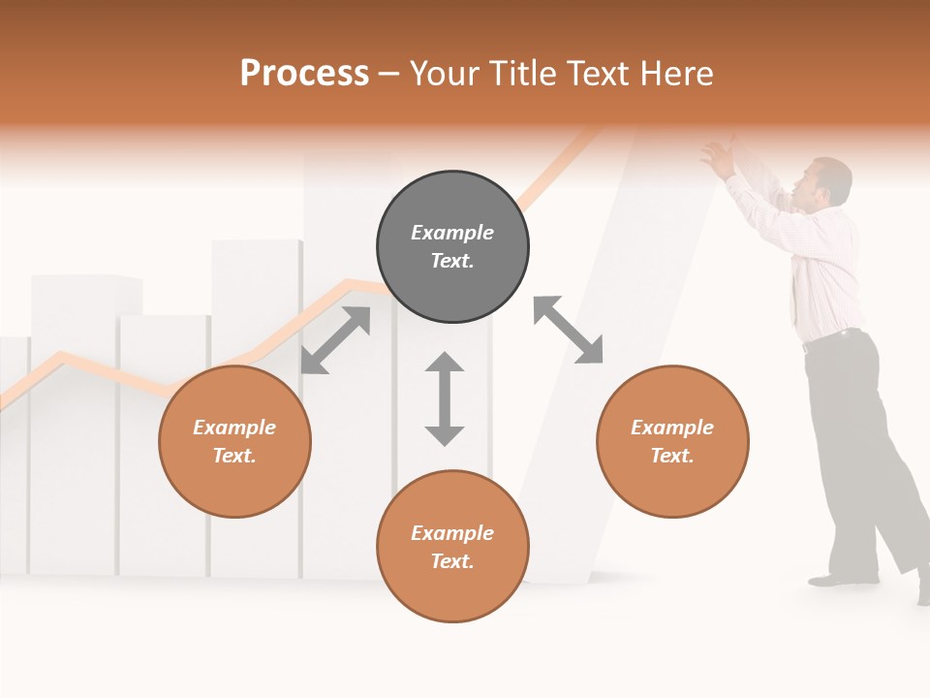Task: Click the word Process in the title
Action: [x=304, y=74]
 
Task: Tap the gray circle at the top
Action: [x=452, y=247]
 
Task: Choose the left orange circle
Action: [x=234, y=442]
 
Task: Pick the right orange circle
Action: [x=672, y=442]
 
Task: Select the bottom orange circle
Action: [x=452, y=547]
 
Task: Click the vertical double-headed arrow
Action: [x=445, y=399]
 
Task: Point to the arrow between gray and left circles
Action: [x=335, y=340]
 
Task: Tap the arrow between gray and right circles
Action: [x=568, y=331]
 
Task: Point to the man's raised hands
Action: [x=719, y=157]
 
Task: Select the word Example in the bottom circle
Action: [x=452, y=533]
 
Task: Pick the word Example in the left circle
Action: [x=234, y=428]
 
